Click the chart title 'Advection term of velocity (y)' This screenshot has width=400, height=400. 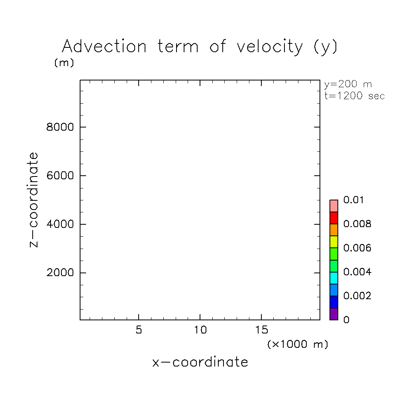click(x=200, y=47)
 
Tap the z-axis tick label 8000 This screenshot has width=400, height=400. click(x=61, y=127)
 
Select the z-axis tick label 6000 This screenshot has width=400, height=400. click(x=61, y=176)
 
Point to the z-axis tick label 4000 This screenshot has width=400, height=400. click(x=61, y=224)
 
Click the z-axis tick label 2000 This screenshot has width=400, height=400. click(x=61, y=273)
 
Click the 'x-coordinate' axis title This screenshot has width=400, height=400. click(x=200, y=362)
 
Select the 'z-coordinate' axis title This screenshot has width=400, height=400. click(x=34, y=200)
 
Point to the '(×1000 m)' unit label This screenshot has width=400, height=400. click(x=298, y=344)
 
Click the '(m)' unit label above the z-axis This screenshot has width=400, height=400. click(x=64, y=63)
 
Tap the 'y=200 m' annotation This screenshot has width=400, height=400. click(x=348, y=84)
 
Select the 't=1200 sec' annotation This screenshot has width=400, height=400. click(x=355, y=96)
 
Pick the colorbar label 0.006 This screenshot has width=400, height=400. click(x=357, y=248)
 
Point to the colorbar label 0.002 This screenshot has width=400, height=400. click(x=357, y=296)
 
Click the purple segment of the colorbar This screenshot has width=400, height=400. click(x=334, y=314)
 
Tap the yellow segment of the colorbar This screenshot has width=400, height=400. click(x=334, y=242)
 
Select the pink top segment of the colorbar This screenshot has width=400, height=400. click(x=334, y=206)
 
